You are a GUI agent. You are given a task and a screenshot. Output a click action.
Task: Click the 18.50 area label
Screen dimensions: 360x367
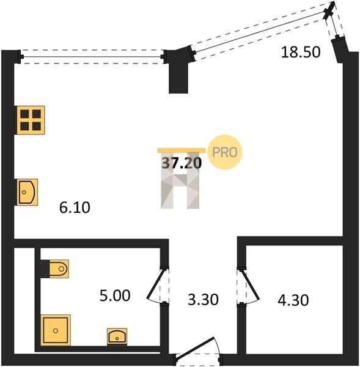[301, 52]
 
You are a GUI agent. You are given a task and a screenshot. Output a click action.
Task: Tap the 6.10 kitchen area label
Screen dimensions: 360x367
[75, 207]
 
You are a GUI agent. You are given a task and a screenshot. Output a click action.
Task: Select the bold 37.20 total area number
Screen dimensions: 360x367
[182, 163]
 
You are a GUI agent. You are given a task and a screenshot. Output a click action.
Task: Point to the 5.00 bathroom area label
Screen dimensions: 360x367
[115, 295]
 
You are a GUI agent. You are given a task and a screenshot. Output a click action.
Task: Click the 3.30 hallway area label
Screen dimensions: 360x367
[203, 300]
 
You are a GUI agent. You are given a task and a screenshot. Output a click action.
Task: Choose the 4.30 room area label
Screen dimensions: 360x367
[293, 300]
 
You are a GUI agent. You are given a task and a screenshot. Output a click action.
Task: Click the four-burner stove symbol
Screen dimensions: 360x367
[31, 120]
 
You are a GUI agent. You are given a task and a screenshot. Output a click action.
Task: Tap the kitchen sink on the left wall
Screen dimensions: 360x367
[27, 192]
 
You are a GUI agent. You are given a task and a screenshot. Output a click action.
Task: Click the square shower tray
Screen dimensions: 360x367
[56, 330]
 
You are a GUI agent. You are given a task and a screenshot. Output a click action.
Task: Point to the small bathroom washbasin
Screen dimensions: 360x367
[117, 336]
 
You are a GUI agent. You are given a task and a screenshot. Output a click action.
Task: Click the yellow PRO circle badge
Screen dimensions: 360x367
[224, 152]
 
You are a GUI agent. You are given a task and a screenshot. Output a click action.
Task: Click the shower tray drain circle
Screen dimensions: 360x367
[56, 331]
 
